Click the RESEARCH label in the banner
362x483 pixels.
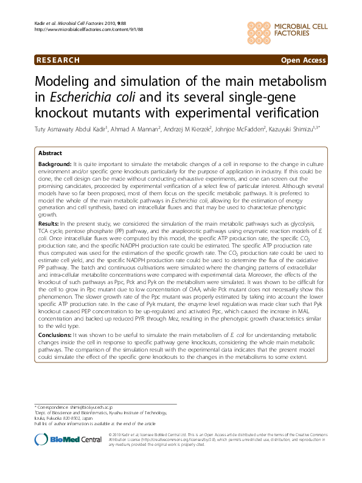(x=58, y=60)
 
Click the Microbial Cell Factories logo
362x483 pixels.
(x=285, y=29)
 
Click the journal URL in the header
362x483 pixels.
(x=83, y=29)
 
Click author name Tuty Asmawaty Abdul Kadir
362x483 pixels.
(x=71, y=128)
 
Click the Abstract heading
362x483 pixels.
(x=50, y=154)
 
